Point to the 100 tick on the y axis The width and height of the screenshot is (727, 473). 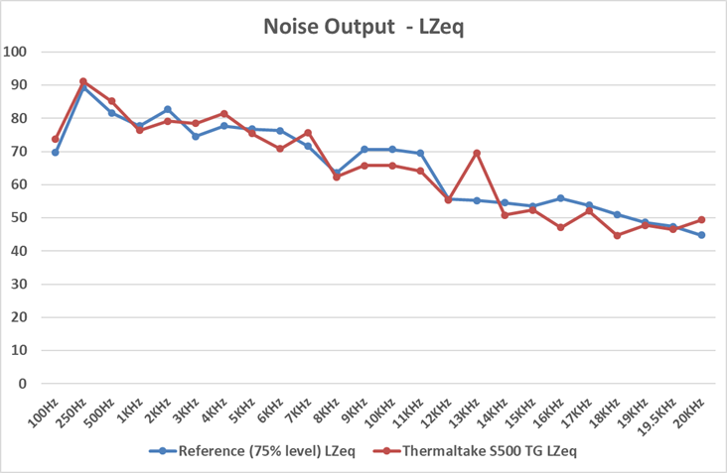17,53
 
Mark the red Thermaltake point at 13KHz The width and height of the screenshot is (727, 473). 477,153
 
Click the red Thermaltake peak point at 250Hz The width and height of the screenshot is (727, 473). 83,81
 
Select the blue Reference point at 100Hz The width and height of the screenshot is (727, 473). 56,153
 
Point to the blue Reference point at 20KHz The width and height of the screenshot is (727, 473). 701,235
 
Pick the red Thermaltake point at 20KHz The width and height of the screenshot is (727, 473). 701,220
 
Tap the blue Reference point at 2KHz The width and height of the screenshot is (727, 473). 168,109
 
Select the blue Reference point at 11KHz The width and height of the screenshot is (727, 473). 420,153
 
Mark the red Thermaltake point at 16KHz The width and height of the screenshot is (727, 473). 561,227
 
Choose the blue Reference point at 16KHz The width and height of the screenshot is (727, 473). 561,198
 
